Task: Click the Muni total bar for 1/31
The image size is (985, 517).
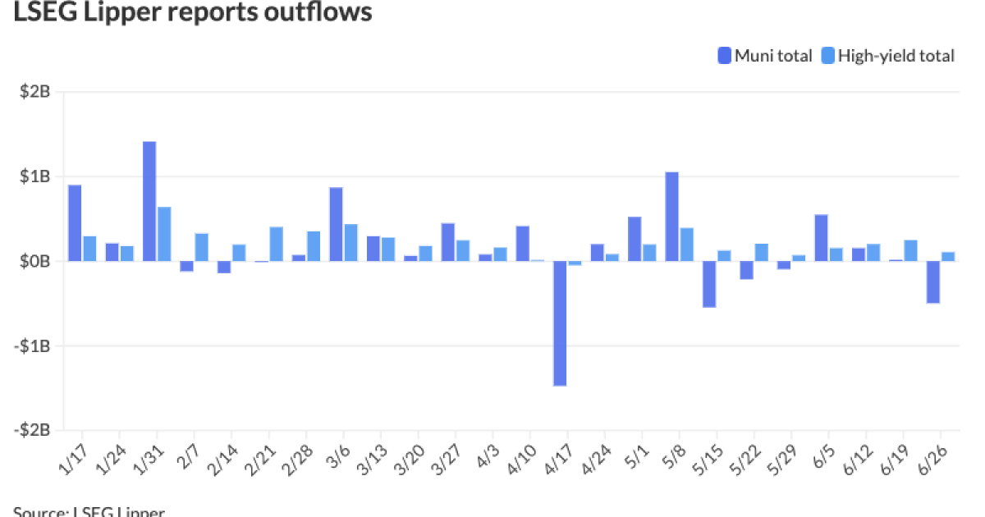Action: click(149, 201)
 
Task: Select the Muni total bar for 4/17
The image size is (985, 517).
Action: click(560, 323)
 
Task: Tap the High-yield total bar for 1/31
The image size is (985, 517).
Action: click(164, 234)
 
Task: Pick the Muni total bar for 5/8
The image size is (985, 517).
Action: click(671, 216)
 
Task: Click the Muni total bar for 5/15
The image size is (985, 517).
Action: click(709, 284)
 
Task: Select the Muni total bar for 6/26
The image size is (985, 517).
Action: click(933, 282)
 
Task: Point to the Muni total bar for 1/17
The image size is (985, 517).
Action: click(75, 222)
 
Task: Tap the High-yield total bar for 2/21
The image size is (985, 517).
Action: click(277, 244)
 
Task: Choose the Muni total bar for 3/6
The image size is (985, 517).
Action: click(336, 224)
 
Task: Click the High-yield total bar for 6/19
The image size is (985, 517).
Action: click(910, 250)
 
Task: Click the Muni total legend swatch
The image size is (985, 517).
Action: click(724, 56)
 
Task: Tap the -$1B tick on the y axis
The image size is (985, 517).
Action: click(34, 345)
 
